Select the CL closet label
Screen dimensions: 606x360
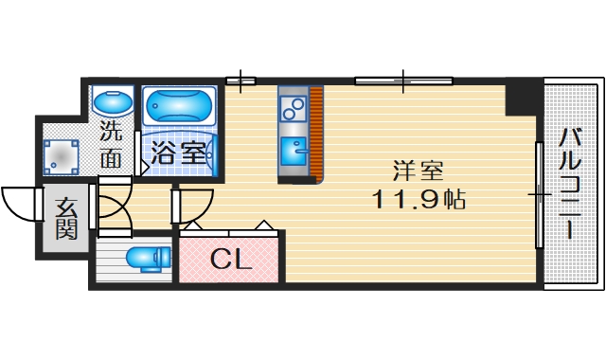[x=230, y=258]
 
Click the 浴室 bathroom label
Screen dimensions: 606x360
[x=180, y=153]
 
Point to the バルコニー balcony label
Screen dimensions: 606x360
[x=570, y=185]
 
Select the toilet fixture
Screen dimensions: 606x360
[x=149, y=256]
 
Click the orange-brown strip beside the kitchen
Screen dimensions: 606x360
[x=317, y=134]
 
